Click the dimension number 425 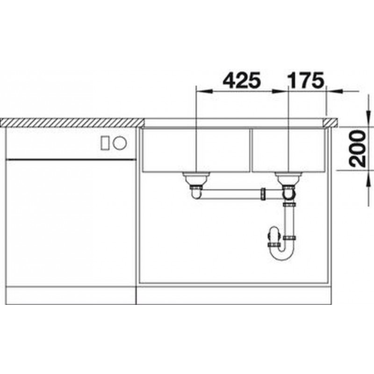[x=241, y=80]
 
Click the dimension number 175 [x=306, y=80]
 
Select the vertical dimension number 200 [x=358, y=148]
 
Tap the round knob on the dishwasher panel [x=120, y=143]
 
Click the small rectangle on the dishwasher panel [x=105, y=143]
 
